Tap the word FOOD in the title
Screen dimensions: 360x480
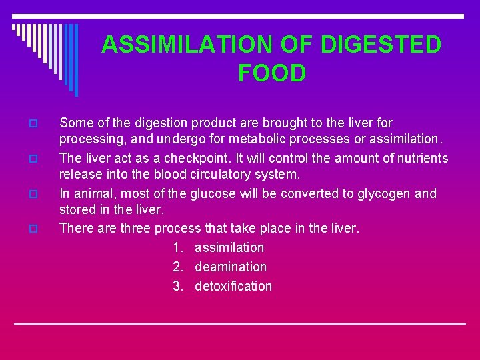pyautogui.click(x=272, y=73)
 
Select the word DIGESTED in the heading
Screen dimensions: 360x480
pyautogui.click(x=382, y=45)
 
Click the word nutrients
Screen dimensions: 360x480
pyautogui.click(x=421, y=158)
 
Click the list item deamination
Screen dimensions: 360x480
pyautogui.click(x=231, y=267)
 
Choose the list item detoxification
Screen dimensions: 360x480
pyautogui.click(x=233, y=286)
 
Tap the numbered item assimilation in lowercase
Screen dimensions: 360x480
pyautogui.click(x=229, y=247)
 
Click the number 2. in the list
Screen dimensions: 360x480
pyautogui.click(x=178, y=267)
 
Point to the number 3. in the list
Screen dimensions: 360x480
pyautogui.click(x=178, y=286)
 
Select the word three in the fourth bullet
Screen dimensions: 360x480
pyautogui.click(x=135, y=228)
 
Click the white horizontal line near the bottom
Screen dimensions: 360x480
pyautogui.click(x=240, y=323)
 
